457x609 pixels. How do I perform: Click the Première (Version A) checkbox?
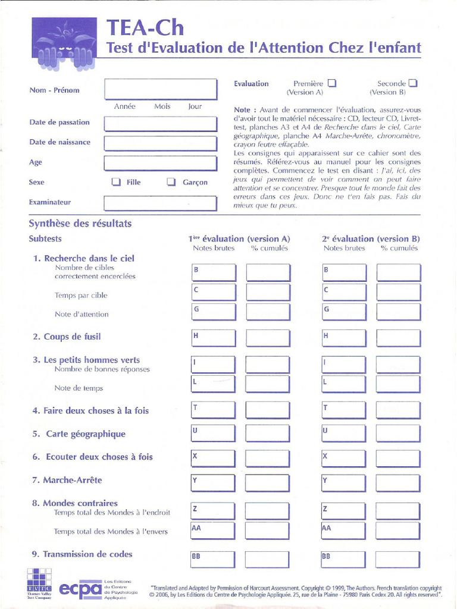(332, 84)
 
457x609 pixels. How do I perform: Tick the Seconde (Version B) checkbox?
(413, 84)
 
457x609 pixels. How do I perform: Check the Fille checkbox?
(117, 182)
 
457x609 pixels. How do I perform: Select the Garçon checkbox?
(171, 182)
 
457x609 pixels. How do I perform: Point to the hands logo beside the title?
(64, 43)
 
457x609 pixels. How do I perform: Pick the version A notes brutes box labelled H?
(214, 338)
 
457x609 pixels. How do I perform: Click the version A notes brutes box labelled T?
(214, 410)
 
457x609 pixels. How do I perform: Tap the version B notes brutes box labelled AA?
(344, 530)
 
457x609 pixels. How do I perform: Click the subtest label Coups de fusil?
(67, 337)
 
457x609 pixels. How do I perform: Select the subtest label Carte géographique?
(79, 434)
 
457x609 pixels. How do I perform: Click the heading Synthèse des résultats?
(80, 224)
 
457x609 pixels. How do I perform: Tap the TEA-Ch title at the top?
(145, 27)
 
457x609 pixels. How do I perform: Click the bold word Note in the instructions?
(242, 110)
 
